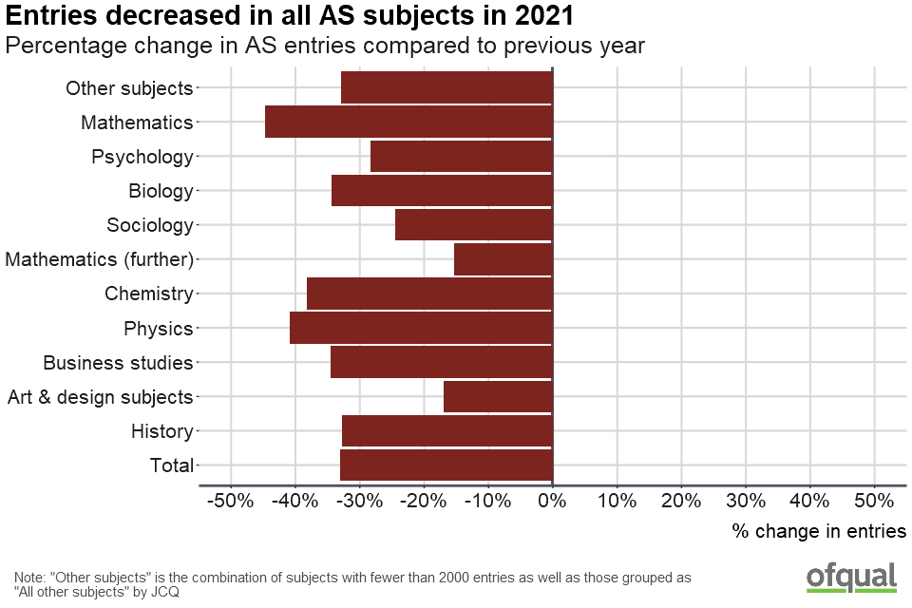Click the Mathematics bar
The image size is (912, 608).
[408, 123]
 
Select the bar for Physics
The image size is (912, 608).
[421, 329]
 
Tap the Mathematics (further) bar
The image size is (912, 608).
[503, 259]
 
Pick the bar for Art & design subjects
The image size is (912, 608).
[498, 397]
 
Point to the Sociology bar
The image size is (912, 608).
[473, 225]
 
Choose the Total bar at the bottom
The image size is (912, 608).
[446, 465]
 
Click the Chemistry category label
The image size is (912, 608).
[149, 294]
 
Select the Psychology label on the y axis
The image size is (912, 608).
[142, 157]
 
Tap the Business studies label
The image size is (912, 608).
[119, 363]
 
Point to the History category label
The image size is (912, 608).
[162, 431]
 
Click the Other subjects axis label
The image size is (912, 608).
[129, 88]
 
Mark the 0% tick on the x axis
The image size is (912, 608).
[552, 500]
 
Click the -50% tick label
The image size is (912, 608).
[229, 500]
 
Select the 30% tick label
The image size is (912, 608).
[745, 500]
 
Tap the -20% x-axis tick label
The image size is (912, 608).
[423, 500]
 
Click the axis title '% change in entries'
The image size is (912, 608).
[819, 531]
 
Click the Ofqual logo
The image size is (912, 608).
[851, 577]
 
